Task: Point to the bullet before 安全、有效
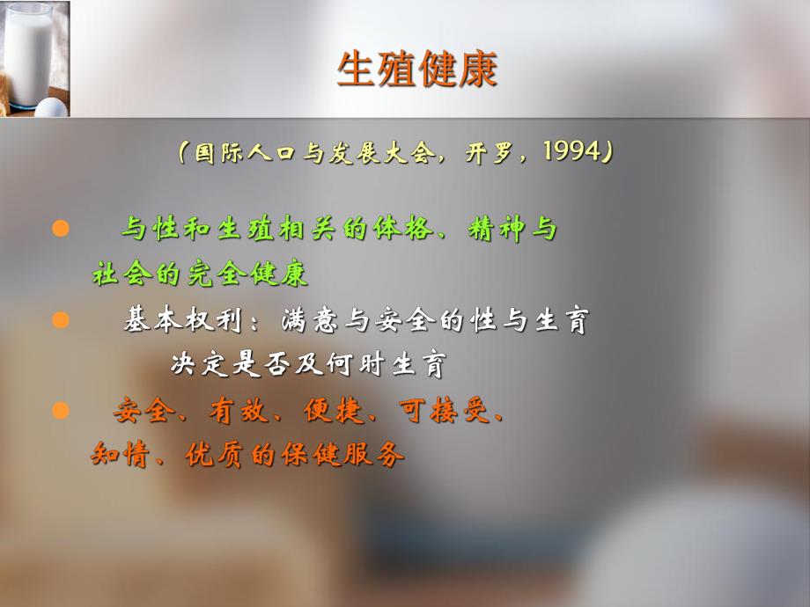(61, 410)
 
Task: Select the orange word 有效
(232, 411)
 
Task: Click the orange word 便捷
(326, 411)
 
